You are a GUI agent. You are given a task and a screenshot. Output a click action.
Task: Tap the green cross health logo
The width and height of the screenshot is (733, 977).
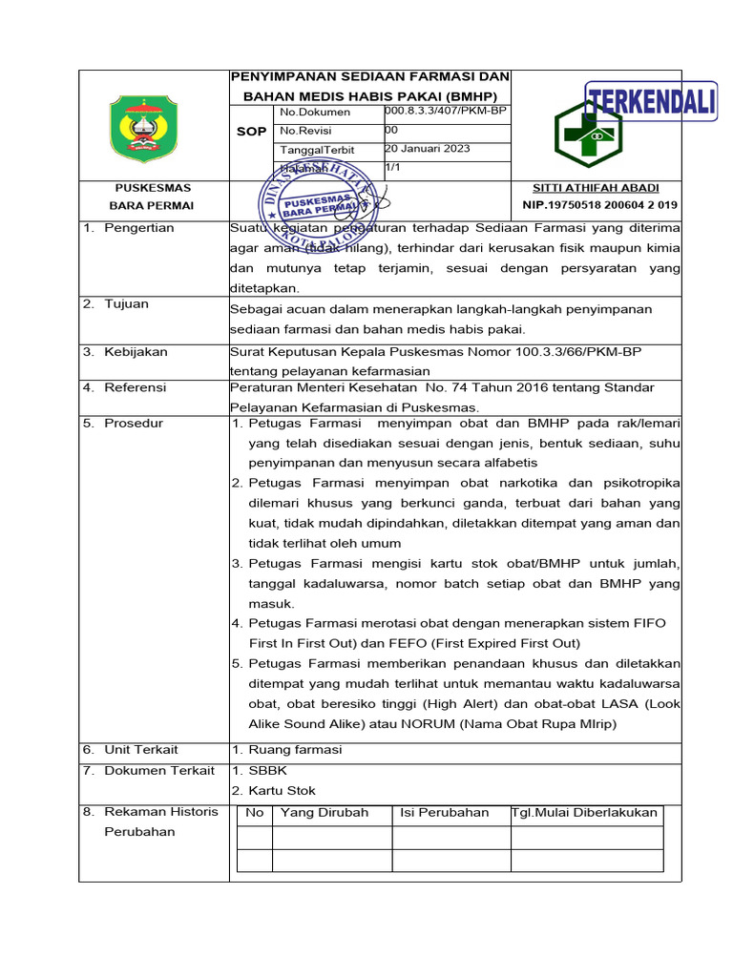[x=589, y=135]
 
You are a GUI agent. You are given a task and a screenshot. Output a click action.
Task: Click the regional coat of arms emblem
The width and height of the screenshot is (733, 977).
[x=144, y=128]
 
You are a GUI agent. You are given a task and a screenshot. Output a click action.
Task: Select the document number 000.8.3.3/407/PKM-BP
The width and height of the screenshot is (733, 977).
[x=445, y=112]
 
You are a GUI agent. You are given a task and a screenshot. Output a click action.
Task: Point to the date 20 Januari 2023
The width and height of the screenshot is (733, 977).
[x=427, y=149]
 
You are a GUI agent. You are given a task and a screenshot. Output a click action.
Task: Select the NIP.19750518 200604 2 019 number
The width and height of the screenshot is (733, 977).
[x=600, y=205]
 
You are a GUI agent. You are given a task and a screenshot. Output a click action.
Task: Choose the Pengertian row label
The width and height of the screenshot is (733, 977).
[x=139, y=228]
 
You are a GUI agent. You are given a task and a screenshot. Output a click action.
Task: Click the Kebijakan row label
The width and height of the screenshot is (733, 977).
[x=136, y=352]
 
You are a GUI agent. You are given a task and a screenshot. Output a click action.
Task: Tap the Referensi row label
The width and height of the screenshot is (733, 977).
[x=136, y=387]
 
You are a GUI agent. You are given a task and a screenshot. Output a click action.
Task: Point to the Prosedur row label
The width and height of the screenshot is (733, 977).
[x=134, y=423]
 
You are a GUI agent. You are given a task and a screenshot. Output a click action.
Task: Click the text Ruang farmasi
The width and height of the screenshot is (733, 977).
[x=295, y=750]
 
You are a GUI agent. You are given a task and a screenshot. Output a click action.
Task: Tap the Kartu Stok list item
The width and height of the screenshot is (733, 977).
[x=282, y=790]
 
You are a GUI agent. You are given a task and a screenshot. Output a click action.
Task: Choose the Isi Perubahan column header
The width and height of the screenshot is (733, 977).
[x=445, y=813]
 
